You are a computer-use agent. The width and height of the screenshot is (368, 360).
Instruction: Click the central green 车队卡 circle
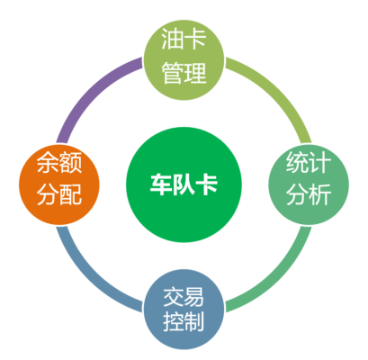pos(184,184)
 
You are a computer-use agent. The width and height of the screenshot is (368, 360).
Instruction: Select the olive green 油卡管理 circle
pos(184,59)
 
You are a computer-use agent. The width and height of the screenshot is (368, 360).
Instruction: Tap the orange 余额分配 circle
pos(59,184)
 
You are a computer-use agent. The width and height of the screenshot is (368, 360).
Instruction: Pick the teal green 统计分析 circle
pos(309,184)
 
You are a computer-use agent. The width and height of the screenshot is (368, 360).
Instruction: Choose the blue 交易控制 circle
pos(184,310)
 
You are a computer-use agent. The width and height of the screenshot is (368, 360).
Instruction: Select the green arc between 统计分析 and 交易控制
pos(276,277)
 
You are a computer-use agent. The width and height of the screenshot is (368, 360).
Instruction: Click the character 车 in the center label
pos(161,184)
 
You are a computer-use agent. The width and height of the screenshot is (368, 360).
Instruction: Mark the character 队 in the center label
pos(184,184)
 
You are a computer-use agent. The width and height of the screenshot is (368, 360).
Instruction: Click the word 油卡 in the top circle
pos(184,39)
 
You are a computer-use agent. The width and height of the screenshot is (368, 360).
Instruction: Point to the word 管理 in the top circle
pos(184,73)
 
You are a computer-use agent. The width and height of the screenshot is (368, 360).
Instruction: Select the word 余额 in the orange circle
pos(59,162)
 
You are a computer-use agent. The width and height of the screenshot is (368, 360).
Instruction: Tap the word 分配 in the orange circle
pos(59,194)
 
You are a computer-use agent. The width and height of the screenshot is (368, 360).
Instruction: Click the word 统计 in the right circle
pos(309,162)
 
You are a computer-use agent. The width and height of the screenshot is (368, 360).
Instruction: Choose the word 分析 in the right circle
pos(309,194)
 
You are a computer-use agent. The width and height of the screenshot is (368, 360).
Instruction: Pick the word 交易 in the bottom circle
pos(184,297)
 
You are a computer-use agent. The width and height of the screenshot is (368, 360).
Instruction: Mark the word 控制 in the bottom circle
pos(184,321)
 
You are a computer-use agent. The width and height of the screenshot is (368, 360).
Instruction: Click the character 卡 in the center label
pos(206,184)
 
